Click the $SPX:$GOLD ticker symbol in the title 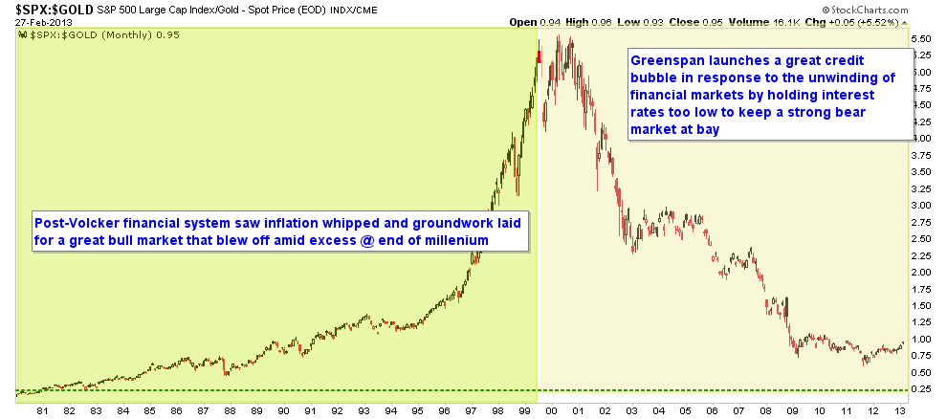tap(47, 8)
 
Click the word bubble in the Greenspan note tap(654, 77)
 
